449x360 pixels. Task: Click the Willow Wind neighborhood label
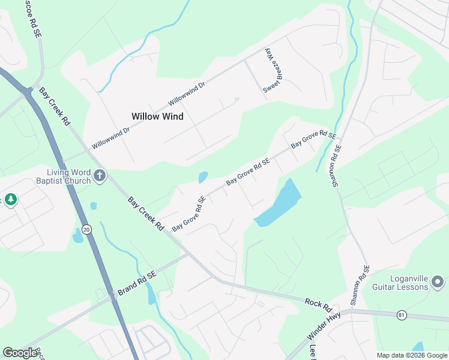[x=157, y=116]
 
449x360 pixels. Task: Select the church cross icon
[x=100, y=176]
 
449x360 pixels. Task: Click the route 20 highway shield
[x=87, y=229]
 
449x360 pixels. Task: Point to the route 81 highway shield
[x=402, y=314]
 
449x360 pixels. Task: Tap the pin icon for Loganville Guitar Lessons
[x=438, y=281]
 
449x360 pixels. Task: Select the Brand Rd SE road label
[x=137, y=283]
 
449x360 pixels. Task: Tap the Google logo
[x=20, y=353]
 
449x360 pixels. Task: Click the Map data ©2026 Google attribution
[x=412, y=355]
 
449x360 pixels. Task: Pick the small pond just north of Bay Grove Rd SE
[x=203, y=177]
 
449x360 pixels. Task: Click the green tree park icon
[x=10, y=199]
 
